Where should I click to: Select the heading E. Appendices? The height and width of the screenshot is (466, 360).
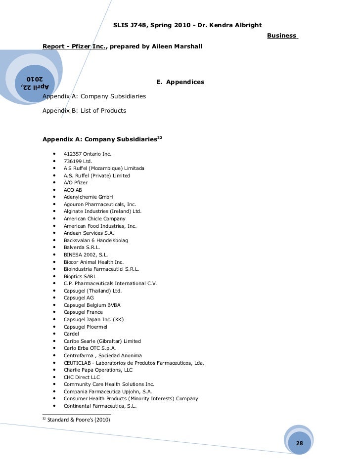[x=180, y=82]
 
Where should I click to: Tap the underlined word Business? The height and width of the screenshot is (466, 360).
[x=282, y=36]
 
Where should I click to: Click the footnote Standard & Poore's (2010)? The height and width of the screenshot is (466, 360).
[x=78, y=420]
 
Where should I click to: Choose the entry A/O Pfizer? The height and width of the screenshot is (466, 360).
[x=76, y=182]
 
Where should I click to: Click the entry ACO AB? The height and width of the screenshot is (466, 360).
[x=73, y=190]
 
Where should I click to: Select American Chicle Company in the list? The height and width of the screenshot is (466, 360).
[x=94, y=218]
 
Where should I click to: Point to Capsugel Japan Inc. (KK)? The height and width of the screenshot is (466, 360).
[x=93, y=319]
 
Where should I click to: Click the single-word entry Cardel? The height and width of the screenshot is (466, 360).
[x=71, y=334]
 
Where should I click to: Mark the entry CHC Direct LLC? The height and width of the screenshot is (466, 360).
[x=82, y=377]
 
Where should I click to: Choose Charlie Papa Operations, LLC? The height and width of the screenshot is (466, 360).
[x=98, y=370]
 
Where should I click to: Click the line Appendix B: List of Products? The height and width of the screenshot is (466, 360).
[x=85, y=110]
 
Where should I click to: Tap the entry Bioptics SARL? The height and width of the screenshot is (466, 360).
[x=80, y=276]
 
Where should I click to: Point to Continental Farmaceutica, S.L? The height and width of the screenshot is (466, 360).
[x=100, y=406]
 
